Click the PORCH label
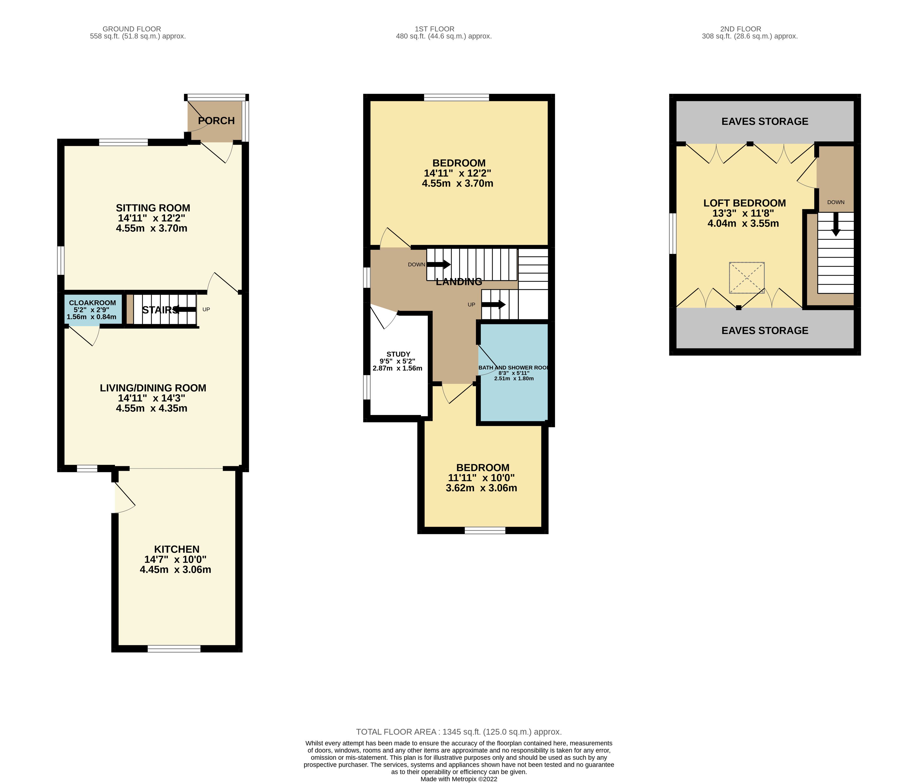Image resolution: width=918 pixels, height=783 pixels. pyautogui.click(x=216, y=120)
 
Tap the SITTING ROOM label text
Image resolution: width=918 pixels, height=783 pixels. pyautogui.click(x=153, y=208)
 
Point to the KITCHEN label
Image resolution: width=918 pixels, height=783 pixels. pyautogui.click(x=176, y=549)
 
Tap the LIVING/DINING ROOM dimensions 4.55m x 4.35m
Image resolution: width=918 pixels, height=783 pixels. pyautogui.click(x=152, y=408)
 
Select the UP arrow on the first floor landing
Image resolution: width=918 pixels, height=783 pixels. pyautogui.click(x=493, y=304)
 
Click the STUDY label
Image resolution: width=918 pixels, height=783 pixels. pyautogui.click(x=398, y=354)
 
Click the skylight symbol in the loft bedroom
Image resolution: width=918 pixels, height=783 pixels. pyautogui.click(x=747, y=278)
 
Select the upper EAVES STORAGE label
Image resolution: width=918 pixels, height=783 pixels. pyautogui.click(x=765, y=121)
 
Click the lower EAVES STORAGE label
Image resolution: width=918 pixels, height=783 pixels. pyautogui.click(x=765, y=331)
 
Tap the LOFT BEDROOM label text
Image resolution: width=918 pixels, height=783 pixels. pyautogui.click(x=744, y=203)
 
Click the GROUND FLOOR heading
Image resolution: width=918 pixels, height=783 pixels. pyautogui.click(x=132, y=29)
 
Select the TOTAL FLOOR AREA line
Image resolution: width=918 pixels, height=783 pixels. pyautogui.click(x=459, y=732)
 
